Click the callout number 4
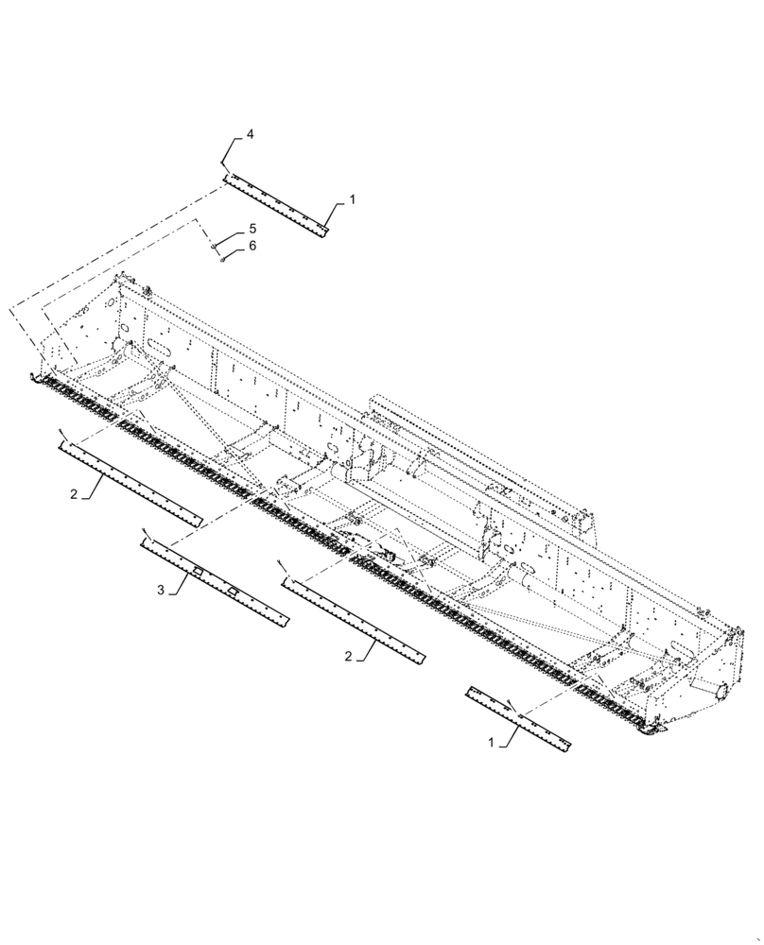pos(250,136)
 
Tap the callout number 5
pos(252,230)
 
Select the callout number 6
pos(252,247)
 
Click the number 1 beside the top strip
pos(352,200)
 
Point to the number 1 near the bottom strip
pos(491,744)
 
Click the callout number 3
pos(161,590)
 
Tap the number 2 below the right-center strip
pos(349,655)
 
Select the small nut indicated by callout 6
pos(222,261)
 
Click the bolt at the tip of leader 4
pos(224,165)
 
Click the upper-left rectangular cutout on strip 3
pos(196,573)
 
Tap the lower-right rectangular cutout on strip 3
pos(230,591)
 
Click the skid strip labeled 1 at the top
pos(274,204)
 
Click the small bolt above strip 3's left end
pos(145,532)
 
